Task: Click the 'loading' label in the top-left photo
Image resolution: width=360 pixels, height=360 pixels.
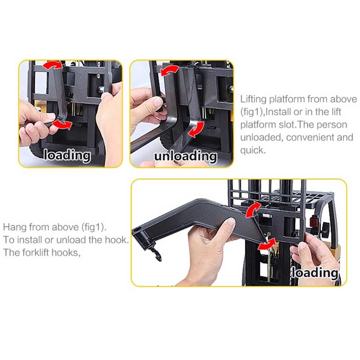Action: click(67, 156)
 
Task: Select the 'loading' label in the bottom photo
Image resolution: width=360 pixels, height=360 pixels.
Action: click(315, 272)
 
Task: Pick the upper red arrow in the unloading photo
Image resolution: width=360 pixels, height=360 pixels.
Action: click(170, 70)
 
